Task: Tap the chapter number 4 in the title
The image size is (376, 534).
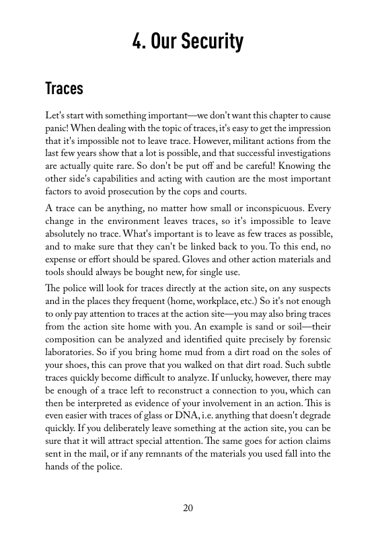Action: [x=137, y=42]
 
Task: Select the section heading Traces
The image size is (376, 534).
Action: [x=64, y=88]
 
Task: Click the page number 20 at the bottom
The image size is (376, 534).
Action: [x=188, y=508]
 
